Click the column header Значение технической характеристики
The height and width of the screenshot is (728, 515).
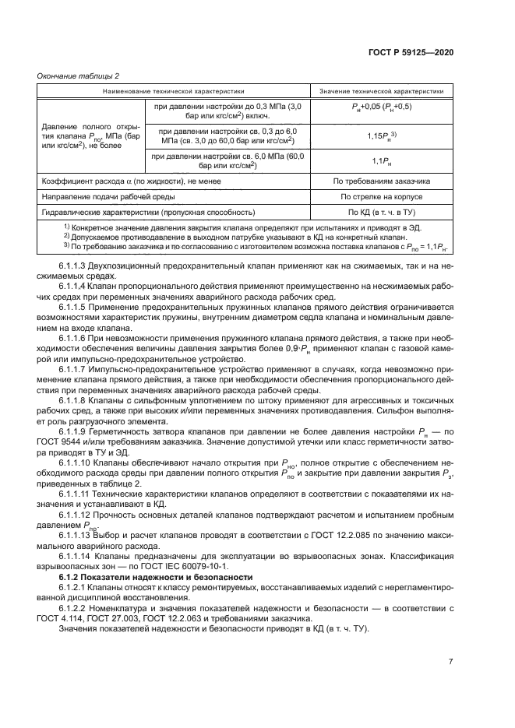382,91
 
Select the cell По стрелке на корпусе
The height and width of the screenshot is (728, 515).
382,197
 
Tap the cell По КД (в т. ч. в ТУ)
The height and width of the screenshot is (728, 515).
382,212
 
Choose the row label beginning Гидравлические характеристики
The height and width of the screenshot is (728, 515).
149,212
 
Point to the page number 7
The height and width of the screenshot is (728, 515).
450,661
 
